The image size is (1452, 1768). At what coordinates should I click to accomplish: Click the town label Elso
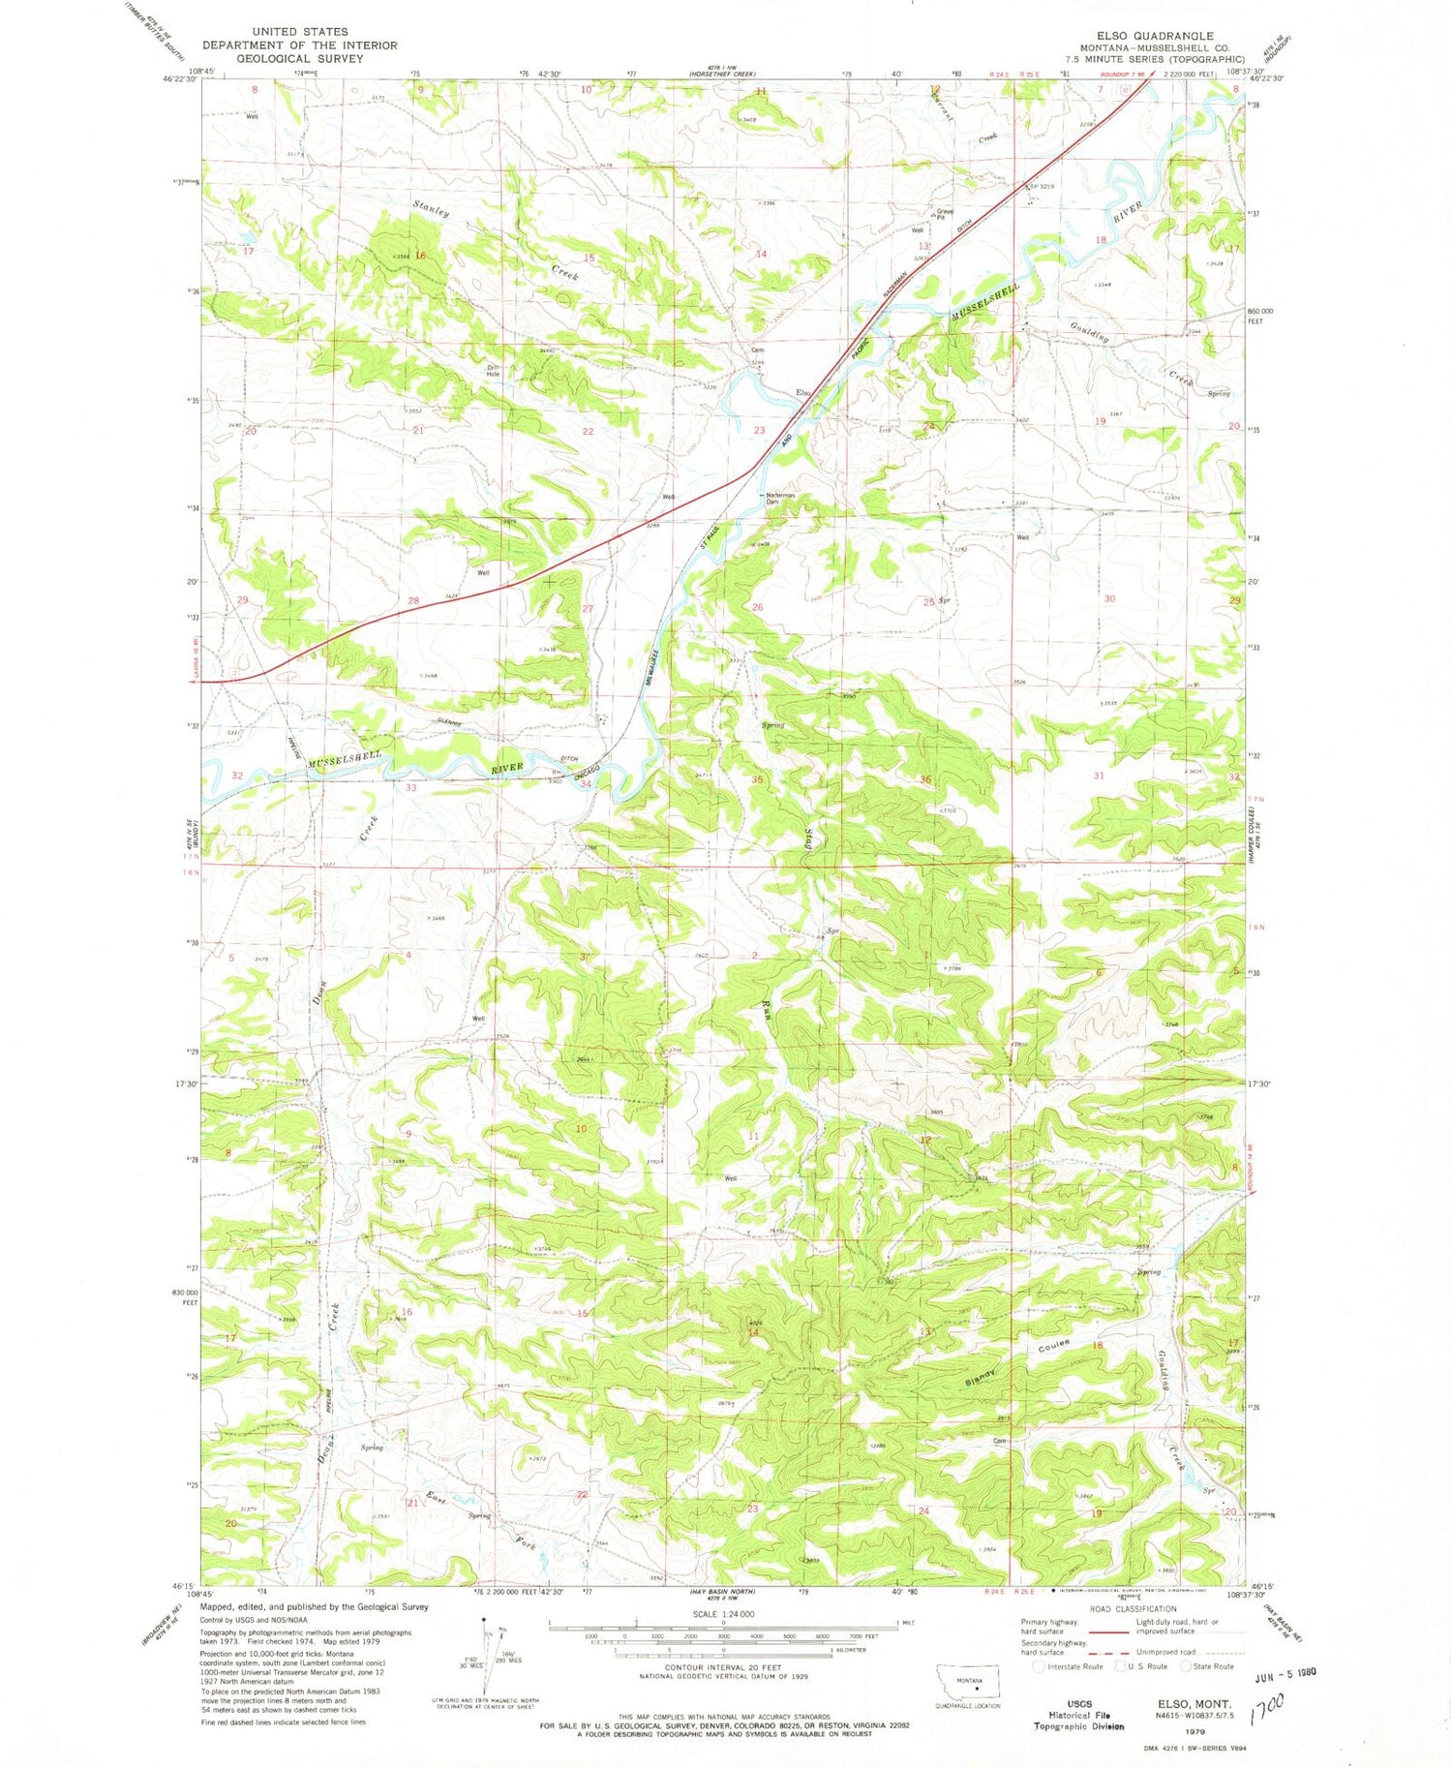point(802,392)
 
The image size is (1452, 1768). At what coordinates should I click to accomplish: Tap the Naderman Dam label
point(780,499)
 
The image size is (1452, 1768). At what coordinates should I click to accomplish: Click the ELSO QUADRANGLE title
point(1147,36)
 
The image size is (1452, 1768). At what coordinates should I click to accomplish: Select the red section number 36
point(926,779)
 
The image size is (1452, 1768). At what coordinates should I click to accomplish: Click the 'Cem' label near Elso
point(758,351)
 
